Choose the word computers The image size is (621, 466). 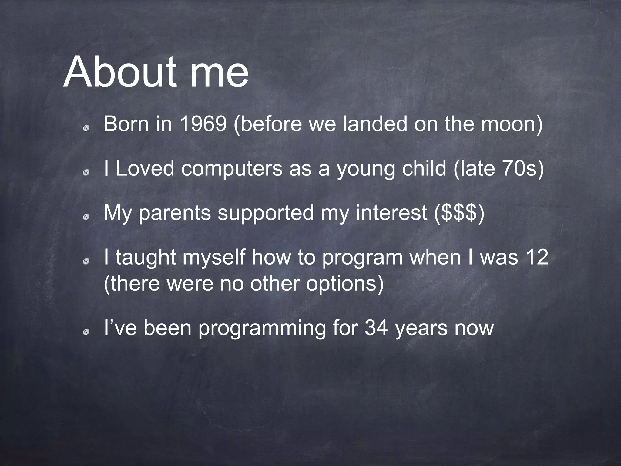tap(232, 169)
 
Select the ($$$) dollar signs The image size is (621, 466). tap(459, 213)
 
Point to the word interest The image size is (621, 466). tap(391, 213)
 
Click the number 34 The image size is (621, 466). tap(376, 328)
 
